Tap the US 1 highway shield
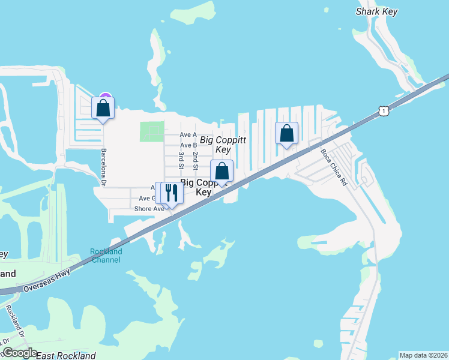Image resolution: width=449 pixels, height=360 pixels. (x=382, y=111)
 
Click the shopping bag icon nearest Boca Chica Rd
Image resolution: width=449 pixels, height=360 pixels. (x=287, y=133)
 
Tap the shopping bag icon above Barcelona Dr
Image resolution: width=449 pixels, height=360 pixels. (x=103, y=108)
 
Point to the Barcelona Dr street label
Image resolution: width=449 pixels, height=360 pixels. (x=104, y=167)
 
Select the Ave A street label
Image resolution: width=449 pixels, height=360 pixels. (x=189, y=134)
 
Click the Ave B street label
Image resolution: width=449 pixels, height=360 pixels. (x=189, y=145)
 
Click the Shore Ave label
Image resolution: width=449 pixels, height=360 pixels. (x=149, y=209)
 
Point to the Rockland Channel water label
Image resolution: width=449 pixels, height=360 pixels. (x=106, y=256)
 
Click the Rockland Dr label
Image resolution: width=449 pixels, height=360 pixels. (x=14, y=321)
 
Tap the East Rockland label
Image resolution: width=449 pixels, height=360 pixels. (x=66, y=356)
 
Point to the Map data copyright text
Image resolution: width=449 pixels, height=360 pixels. (x=423, y=355)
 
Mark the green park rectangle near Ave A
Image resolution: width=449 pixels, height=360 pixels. (x=151, y=131)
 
